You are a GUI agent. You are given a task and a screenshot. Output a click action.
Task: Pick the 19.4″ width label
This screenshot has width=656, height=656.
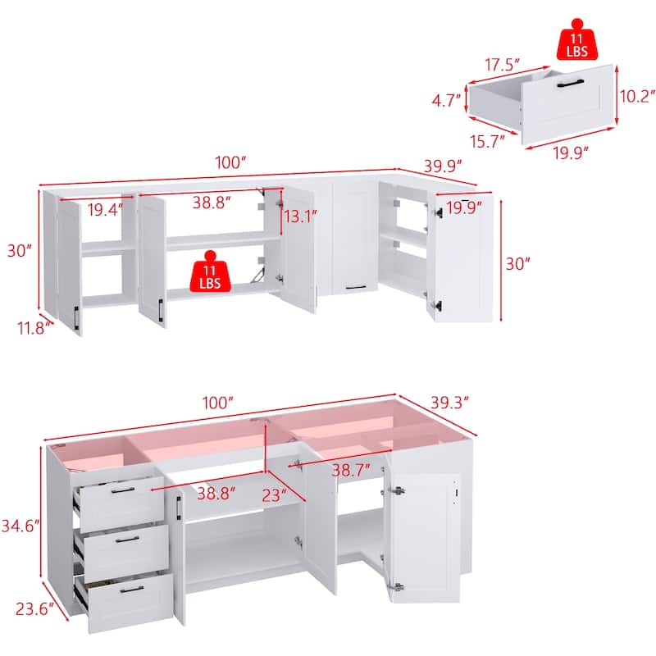point(105,210)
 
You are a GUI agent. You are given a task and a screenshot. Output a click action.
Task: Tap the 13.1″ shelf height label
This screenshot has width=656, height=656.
point(300,217)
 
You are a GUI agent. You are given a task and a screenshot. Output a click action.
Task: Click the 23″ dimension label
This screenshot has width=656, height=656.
point(273,494)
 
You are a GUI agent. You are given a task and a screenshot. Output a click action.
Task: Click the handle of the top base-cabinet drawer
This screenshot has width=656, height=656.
point(123,490)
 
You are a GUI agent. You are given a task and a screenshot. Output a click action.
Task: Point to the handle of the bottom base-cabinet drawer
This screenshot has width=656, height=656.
point(131,588)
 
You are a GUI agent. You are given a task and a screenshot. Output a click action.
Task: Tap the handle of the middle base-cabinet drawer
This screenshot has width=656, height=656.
point(127,540)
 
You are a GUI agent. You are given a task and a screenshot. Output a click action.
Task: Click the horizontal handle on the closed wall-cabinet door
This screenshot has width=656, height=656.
point(356,287)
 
